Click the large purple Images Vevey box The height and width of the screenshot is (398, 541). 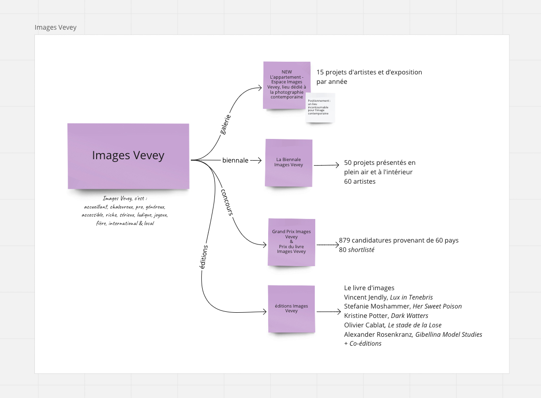pos(128,156)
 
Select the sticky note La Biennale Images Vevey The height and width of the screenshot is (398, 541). pos(289,162)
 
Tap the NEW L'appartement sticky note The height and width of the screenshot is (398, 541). pos(287,85)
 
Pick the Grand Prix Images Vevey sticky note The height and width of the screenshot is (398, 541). pos(291,242)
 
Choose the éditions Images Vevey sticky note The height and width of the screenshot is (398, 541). pos(291,309)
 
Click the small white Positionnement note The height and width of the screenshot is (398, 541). pos(320,107)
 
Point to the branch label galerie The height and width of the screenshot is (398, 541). pos(226,124)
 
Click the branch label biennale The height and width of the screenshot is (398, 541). pos(235,160)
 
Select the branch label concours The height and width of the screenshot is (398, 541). pos(227,202)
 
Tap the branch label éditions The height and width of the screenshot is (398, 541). pos(203,257)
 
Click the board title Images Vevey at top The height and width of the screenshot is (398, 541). pos(56,27)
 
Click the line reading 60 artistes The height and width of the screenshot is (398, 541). pos(360,181)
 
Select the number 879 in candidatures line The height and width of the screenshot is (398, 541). pos(345,240)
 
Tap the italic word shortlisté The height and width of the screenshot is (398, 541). pos(361,250)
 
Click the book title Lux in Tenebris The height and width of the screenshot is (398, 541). pos(410,297)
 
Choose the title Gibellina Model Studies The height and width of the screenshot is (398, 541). pos(448,334)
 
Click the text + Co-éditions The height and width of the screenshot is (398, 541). pos(363,344)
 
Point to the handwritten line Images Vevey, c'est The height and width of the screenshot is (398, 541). pos(125,198)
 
